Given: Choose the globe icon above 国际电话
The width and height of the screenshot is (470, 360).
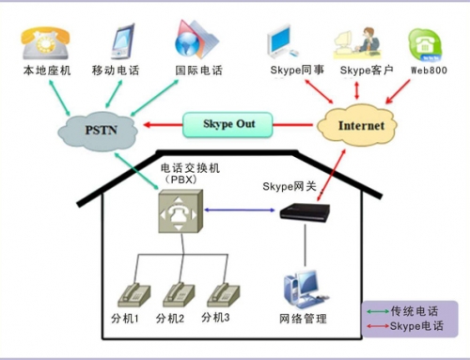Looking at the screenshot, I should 196,39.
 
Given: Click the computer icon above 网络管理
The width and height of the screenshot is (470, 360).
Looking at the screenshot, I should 303,290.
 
